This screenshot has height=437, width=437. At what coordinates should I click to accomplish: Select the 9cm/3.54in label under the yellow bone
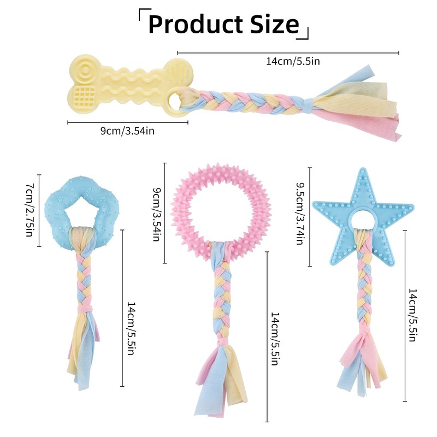(127, 131)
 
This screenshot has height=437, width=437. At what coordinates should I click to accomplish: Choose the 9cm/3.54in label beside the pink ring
(156, 208)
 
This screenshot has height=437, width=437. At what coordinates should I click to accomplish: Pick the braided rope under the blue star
(363, 284)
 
